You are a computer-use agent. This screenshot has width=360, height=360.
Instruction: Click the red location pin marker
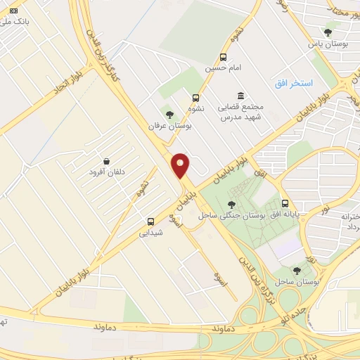[181, 165]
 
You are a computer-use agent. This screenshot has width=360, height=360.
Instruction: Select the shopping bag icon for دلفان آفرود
[106, 161]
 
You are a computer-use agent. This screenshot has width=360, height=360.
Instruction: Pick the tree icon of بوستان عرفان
[168, 114]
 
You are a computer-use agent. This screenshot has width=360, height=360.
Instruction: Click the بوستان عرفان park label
[170, 125]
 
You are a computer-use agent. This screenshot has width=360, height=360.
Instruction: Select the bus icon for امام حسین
[223, 58]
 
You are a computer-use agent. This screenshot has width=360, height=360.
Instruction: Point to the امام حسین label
[223, 69]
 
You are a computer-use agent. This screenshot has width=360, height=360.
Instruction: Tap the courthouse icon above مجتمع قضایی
[241, 96]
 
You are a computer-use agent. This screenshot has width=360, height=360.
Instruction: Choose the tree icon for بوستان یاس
[328, 32]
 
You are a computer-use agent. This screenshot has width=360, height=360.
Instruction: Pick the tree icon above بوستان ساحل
[297, 270]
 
